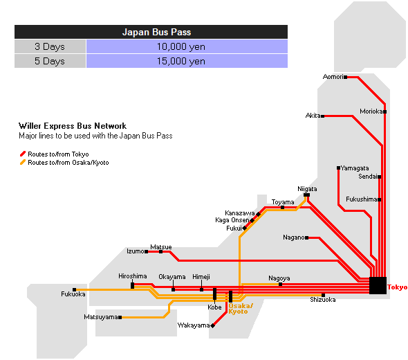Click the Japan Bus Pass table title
(x=156, y=32)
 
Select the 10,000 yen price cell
(x=187, y=46)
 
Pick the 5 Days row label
(x=50, y=61)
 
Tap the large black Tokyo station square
(x=378, y=285)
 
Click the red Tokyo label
(x=397, y=287)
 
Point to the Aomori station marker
(x=345, y=77)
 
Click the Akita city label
(x=313, y=116)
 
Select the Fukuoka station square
(x=75, y=289)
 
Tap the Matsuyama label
(x=101, y=317)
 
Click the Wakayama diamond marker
(x=213, y=325)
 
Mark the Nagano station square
(x=307, y=237)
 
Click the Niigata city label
(x=307, y=189)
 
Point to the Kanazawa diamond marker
(x=258, y=214)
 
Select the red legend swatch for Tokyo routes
(x=23, y=154)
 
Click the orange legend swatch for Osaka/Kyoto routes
(x=23, y=162)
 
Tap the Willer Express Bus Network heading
(x=73, y=126)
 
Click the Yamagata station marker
(x=338, y=168)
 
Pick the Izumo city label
(x=136, y=251)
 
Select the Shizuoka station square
(x=323, y=295)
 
